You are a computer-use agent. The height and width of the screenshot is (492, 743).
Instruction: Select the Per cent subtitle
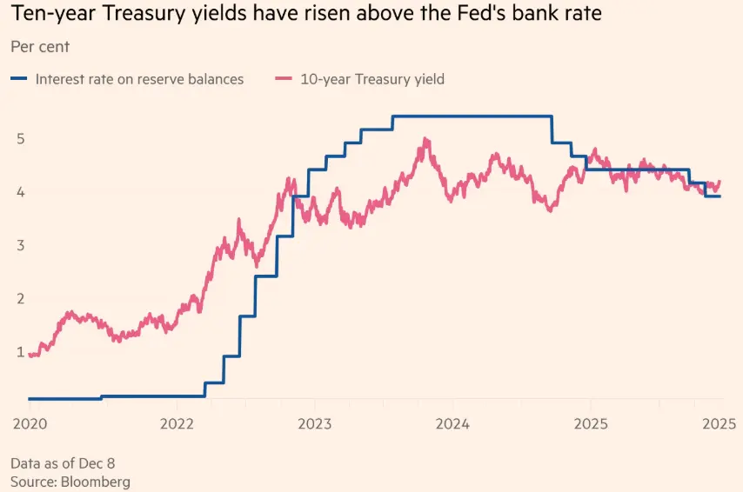pyautogui.click(x=40, y=46)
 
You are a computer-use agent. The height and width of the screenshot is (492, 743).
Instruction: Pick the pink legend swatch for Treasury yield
pyautogui.click(x=283, y=79)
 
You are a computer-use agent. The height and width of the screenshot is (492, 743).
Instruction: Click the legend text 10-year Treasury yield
pyautogui.click(x=372, y=79)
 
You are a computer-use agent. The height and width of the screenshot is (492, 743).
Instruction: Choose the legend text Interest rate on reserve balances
pyautogui.click(x=139, y=79)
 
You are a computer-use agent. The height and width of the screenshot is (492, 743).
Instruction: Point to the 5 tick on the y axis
pyautogui.click(x=19, y=139)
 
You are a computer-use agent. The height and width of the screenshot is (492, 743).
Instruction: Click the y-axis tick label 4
pyautogui.click(x=19, y=192)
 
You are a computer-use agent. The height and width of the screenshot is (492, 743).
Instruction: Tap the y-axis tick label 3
pyautogui.click(x=19, y=246)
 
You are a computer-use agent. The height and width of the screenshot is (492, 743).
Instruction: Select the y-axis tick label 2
pyautogui.click(x=19, y=299)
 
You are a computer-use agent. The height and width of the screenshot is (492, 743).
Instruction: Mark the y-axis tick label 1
pyautogui.click(x=19, y=352)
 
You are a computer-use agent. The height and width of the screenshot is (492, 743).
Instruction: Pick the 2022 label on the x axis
pyautogui.click(x=177, y=424)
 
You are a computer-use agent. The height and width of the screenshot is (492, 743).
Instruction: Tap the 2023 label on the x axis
pyautogui.click(x=314, y=424)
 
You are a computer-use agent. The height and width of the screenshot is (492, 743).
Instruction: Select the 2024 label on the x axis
pyautogui.click(x=452, y=424)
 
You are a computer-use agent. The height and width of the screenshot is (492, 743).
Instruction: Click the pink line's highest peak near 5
pyautogui.click(x=425, y=139)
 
